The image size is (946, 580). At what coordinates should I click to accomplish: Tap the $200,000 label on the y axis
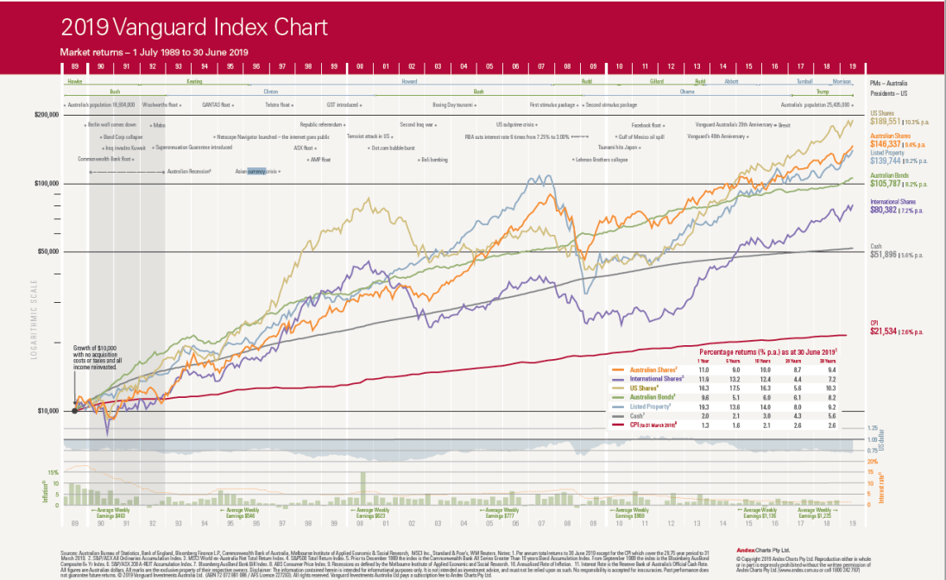[47, 115]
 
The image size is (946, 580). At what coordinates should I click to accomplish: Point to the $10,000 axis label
[48, 411]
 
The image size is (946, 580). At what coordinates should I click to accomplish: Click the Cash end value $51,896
[888, 255]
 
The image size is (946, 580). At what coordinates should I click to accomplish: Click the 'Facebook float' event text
[647, 125]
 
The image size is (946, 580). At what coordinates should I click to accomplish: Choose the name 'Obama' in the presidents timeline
[687, 90]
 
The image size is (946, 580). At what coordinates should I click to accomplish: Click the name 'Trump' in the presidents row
[822, 90]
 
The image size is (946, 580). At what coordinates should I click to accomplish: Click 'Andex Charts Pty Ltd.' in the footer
[756, 549]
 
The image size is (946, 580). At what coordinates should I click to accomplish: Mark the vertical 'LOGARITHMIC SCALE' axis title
[35, 327]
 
